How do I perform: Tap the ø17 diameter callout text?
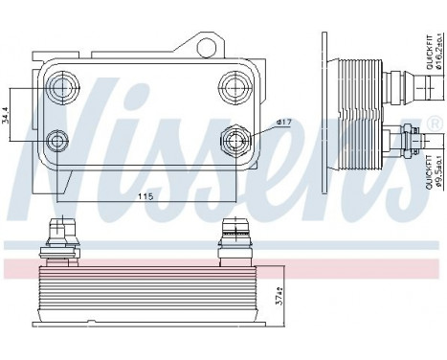click(283, 122)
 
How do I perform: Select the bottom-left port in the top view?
click(60, 143)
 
